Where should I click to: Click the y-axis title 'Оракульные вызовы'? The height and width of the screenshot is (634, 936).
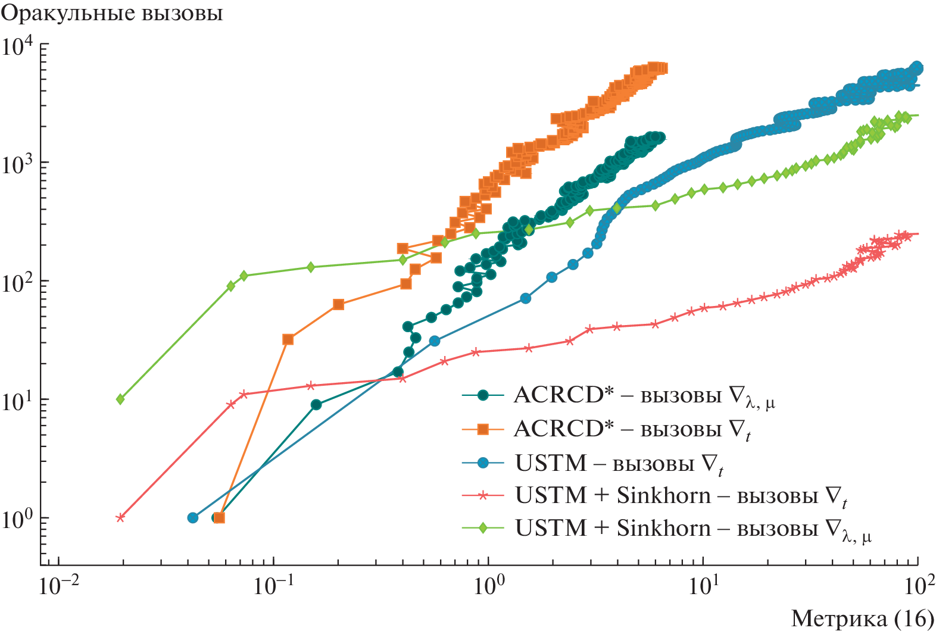pyautogui.click(x=112, y=13)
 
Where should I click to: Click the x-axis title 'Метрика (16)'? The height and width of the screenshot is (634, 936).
pyautogui.click(x=862, y=619)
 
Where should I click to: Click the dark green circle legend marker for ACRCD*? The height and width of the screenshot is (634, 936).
pyautogui.click(x=483, y=395)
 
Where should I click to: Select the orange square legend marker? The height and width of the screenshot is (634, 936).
pyautogui.click(x=483, y=429)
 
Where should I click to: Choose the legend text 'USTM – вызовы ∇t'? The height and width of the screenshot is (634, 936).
pyautogui.click(x=619, y=463)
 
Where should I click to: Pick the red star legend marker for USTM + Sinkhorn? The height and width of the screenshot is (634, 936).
pyautogui.click(x=483, y=495)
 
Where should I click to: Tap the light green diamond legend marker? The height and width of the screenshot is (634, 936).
pyautogui.click(x=483, y=528)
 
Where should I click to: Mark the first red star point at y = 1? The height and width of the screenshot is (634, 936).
pyautogui.click(x=120, y=517)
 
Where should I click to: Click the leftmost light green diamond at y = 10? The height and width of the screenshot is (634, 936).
pyautogui.click(x=120, y=399)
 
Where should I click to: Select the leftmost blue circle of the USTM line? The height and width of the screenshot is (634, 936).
pyautogui.click(x=192, y=517)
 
